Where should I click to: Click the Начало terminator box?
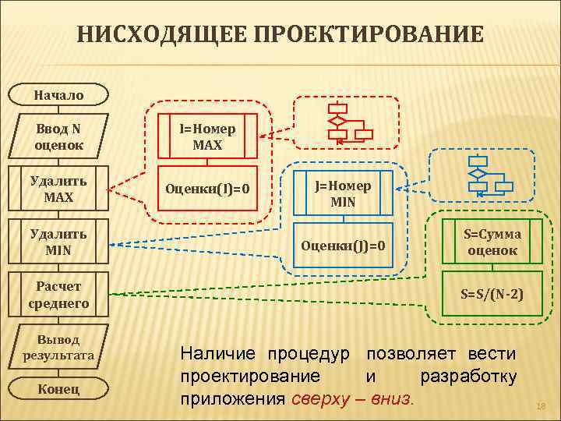point(58,95)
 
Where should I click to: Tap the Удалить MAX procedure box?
point(58,189)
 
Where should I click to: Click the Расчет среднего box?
point(58,295)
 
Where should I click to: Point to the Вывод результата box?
point(58,348)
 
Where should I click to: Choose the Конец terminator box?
point(58,389)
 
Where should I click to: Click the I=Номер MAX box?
point(207,136)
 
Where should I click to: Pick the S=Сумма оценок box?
point(492,242)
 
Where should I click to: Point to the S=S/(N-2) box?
point(492,294)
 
